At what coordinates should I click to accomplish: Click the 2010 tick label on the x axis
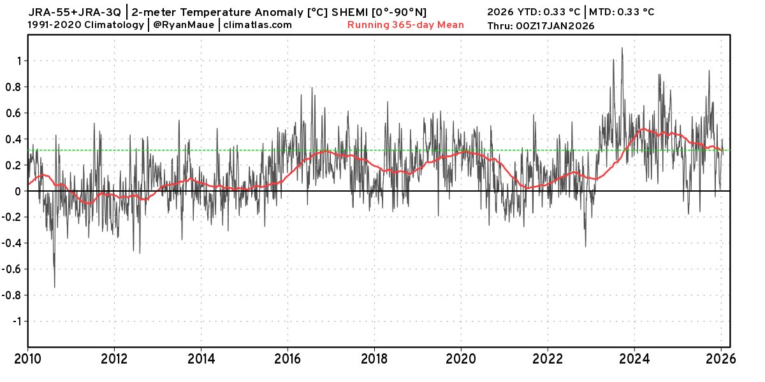pos(28,358)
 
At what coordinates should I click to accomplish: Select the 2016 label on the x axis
pos(288,358)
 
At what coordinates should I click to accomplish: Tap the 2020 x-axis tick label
pos(462,358)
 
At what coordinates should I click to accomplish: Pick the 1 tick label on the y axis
pos(19,61)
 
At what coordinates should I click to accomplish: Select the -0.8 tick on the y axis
pos(13,295)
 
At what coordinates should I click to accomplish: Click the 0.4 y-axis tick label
pos(14,139)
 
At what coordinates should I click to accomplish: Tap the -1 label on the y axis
pos(17,322)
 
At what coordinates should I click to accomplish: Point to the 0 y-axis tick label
pos(19,192)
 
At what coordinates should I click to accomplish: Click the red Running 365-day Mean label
pos(405,25)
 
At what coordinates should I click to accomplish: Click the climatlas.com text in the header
pos(258,25)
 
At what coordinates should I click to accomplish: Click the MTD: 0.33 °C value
pos(621,11)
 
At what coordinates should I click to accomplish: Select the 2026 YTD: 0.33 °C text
pos(534,11)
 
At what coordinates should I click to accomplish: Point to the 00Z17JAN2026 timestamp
pos(555,26)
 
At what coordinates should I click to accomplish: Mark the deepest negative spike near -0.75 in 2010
pos(54,287)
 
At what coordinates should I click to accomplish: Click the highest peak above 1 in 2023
pos(622,48)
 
